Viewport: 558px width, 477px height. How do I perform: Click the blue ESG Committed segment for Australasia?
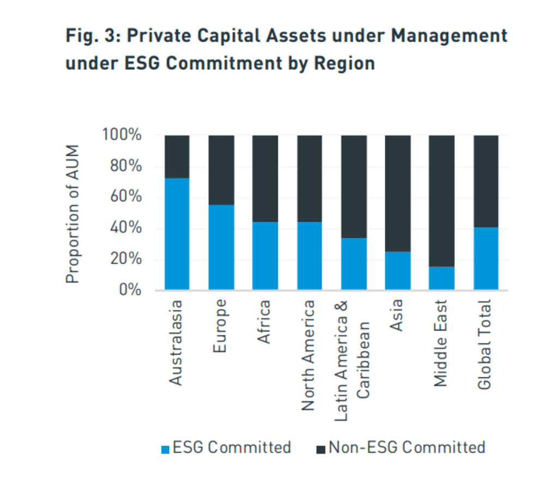click(x=177, y=234)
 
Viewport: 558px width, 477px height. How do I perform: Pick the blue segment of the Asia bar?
click(x=398, y=270)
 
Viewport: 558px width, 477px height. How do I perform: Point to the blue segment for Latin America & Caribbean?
click(x=354, y=264)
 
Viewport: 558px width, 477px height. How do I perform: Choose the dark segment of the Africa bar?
click(x=265, y=178)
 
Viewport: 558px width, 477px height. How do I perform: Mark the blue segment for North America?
click(x=309, y=256)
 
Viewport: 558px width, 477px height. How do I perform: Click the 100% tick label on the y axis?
click(x=122, y=135)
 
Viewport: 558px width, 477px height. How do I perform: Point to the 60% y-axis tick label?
click(x=125, y=197)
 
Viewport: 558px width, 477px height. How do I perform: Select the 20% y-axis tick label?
click(x=125, y=259)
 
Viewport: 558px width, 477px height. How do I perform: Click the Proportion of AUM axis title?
click(x=73, y=214)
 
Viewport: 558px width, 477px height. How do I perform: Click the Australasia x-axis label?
click(x=176, y=342)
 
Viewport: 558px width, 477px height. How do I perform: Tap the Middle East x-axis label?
click(x=441, y=343)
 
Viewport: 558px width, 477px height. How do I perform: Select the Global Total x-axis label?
click(x=484, y=345)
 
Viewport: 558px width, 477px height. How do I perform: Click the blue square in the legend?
click(x=166, y=449)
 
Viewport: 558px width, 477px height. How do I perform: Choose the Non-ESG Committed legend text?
click(x=407, y=448)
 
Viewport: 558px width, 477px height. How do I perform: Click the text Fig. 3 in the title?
click(x=90, y=37)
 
